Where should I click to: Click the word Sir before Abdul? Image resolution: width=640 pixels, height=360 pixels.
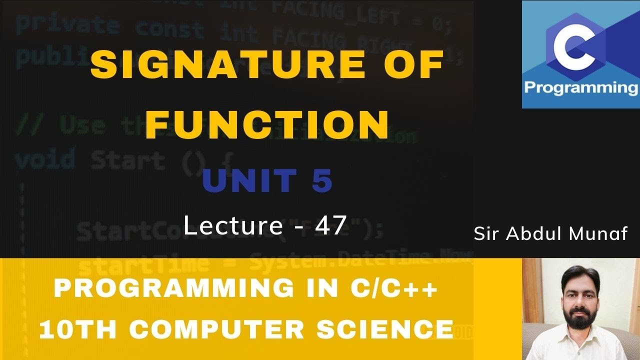(x=487, y=234)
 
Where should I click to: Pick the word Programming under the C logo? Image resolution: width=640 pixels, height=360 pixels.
(x=580, y=88)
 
